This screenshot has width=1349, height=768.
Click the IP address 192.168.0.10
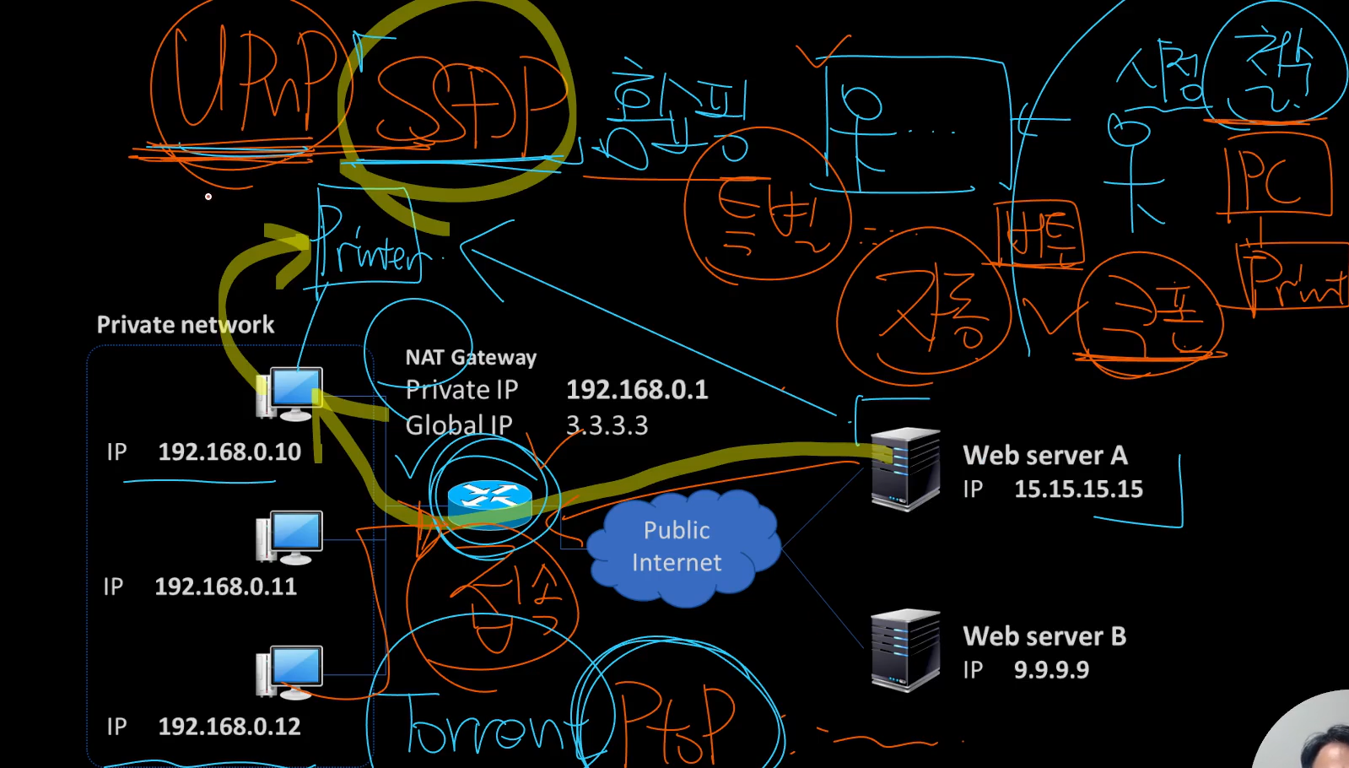(x=229, y=452)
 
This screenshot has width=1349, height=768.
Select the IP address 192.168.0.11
(x=225, y=587)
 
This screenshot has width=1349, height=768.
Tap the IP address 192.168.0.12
(x=229, y=727)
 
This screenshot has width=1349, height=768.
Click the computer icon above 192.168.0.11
(x=289, y=537)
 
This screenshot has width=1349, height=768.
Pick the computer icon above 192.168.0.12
(x=289, y=672)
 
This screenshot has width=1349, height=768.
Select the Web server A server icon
(x=905, y=469)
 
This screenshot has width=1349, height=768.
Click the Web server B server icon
(x=905, y=650)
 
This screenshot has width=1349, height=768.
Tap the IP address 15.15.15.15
(x=1078, y=489)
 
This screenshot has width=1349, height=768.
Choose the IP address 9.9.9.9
(x=1051, y=670)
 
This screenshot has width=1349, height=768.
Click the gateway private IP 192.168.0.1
(x=637, y=390)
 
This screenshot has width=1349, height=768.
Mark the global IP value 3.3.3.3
(x=607, y=425)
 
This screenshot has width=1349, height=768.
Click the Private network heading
(x=186, y=325)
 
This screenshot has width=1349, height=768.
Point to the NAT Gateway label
(x=471, y=358)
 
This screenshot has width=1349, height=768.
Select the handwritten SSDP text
(x=468, y=105)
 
